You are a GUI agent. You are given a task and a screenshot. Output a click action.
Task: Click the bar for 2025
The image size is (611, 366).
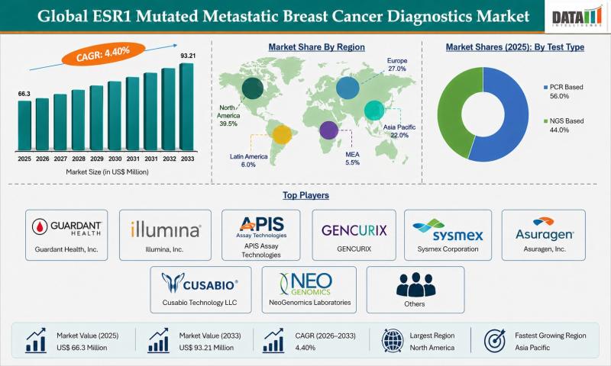(24, 126)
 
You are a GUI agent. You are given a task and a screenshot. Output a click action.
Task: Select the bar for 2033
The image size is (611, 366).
(186, 107)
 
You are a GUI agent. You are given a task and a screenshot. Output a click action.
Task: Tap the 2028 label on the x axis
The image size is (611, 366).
(78, 159)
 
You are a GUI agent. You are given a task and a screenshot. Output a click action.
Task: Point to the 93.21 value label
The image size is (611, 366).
(186, 56)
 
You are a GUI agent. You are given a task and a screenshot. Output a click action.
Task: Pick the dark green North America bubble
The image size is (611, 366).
(253, 90)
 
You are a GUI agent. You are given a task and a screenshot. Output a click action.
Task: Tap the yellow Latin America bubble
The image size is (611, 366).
(283, 135)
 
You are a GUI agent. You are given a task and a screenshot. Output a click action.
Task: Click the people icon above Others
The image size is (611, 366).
(415, 284)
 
